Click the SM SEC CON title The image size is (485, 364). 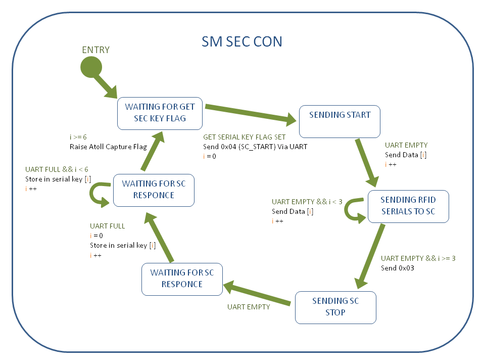click(242, 41)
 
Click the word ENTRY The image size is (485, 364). click(96, 50)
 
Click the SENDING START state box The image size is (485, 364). click(339, 121)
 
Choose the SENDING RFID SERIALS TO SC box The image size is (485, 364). click(408, 206)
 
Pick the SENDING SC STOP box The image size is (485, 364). click(335, 307)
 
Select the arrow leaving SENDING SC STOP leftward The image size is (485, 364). click(258, 295)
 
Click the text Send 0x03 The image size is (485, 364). click(398, 268)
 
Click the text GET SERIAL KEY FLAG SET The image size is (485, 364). click(244, 137)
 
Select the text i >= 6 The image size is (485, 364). click(78, 137)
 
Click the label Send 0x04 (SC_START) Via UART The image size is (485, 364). click(255, 147)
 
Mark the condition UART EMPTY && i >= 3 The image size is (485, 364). click(418, 258)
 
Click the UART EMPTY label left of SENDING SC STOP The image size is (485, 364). click(249, 307)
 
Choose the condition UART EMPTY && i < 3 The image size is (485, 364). click(307, 202)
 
